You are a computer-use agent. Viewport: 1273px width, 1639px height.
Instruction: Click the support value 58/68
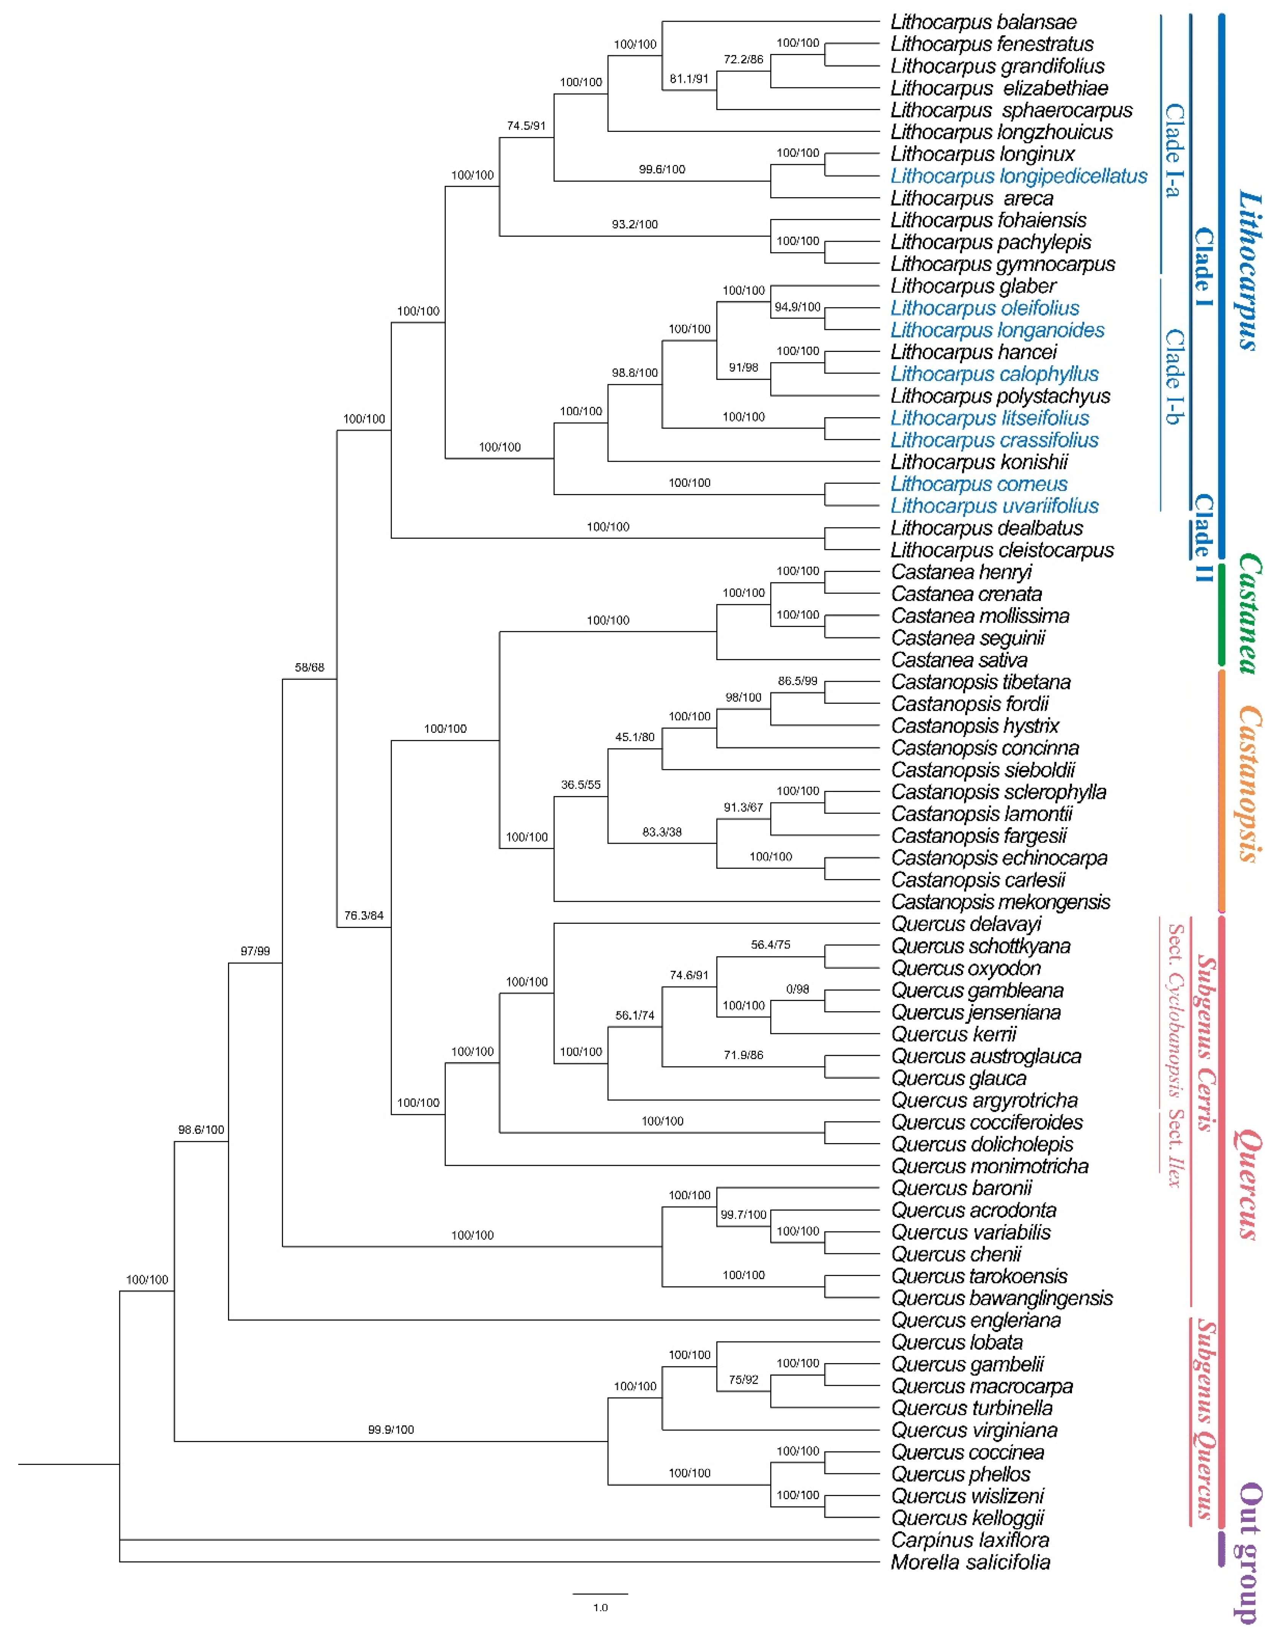[x=309, y=667]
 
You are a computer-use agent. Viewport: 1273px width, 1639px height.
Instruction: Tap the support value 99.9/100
[x=390, y=1430]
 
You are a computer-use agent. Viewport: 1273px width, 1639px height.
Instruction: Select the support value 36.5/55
[x=580, y=785]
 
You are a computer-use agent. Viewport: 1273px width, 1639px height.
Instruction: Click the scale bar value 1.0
[x=600, y=1607]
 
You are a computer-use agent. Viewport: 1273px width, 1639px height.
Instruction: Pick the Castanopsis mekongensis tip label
[x=1000, y=902]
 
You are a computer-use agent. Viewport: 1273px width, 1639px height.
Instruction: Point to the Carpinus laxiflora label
[x=970, y=1540]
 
